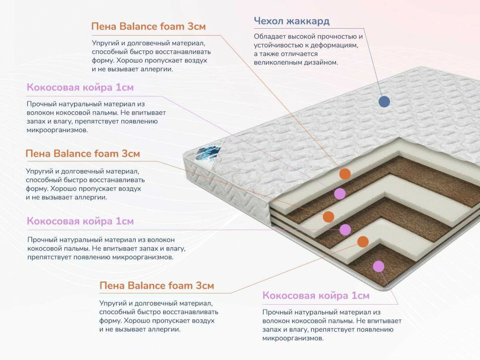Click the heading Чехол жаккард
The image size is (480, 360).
291,21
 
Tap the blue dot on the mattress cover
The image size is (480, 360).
384,102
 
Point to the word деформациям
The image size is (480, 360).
336,45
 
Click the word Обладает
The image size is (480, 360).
270,37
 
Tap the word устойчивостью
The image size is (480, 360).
278,45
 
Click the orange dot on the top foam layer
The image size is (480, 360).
345,174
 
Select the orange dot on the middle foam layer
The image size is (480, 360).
328,217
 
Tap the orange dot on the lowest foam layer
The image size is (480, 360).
363,241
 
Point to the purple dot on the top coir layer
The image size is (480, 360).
339,193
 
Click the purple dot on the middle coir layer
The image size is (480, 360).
345,229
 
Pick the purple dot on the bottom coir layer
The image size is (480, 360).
379,267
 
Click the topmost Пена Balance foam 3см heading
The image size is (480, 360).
148,26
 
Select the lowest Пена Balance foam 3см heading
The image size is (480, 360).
156,286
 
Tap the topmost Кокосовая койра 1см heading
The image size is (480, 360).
80,88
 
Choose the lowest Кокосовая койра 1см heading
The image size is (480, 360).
316,296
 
